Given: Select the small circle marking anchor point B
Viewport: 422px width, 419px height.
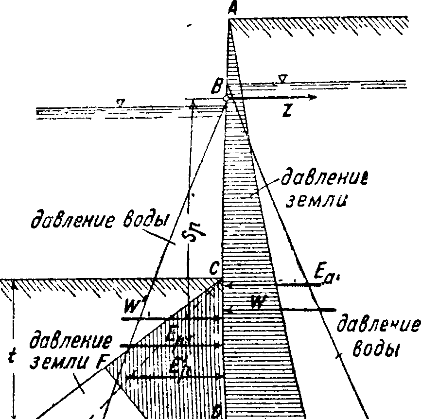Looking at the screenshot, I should [x=226, y=98].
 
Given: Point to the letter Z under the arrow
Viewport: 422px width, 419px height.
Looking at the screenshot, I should [x=288, y=111].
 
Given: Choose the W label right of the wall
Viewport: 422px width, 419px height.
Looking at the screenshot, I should [x=258, y=303].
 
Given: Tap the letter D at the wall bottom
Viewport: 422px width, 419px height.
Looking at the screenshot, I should [x=217, y=413].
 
